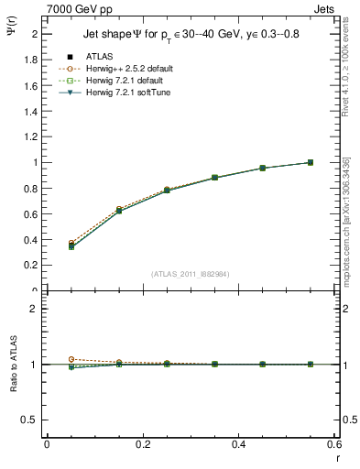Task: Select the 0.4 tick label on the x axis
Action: point(239,444)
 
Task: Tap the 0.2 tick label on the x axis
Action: point(143,444)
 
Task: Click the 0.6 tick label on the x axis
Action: point(333,444)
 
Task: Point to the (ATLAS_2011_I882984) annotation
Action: point(191,273)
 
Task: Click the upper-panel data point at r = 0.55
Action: point(311,162)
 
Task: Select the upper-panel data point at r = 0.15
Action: point(119,211)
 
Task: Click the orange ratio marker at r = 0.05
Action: point(71,359)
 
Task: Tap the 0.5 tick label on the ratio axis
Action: point(30,420)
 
